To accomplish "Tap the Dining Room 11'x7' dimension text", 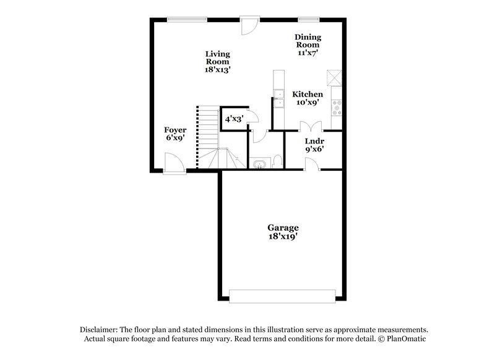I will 307,53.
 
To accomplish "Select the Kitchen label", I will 308,94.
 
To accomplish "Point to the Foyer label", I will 175,130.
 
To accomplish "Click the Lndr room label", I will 315,141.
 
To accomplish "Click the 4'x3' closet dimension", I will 234,118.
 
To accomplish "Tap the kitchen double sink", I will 278,99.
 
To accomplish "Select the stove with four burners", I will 337,109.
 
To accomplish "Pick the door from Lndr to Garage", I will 312,164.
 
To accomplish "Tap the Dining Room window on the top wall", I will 308,19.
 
